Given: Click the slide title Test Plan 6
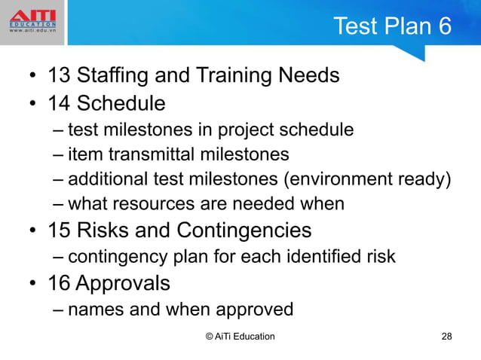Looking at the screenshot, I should tap(392, 26).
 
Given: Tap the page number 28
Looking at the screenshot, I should tap(446, 336).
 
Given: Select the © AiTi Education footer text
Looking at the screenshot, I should tap(240, 336).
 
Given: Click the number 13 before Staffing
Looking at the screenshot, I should tap(60, 76).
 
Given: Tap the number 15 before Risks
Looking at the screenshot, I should tap(60, 229).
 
